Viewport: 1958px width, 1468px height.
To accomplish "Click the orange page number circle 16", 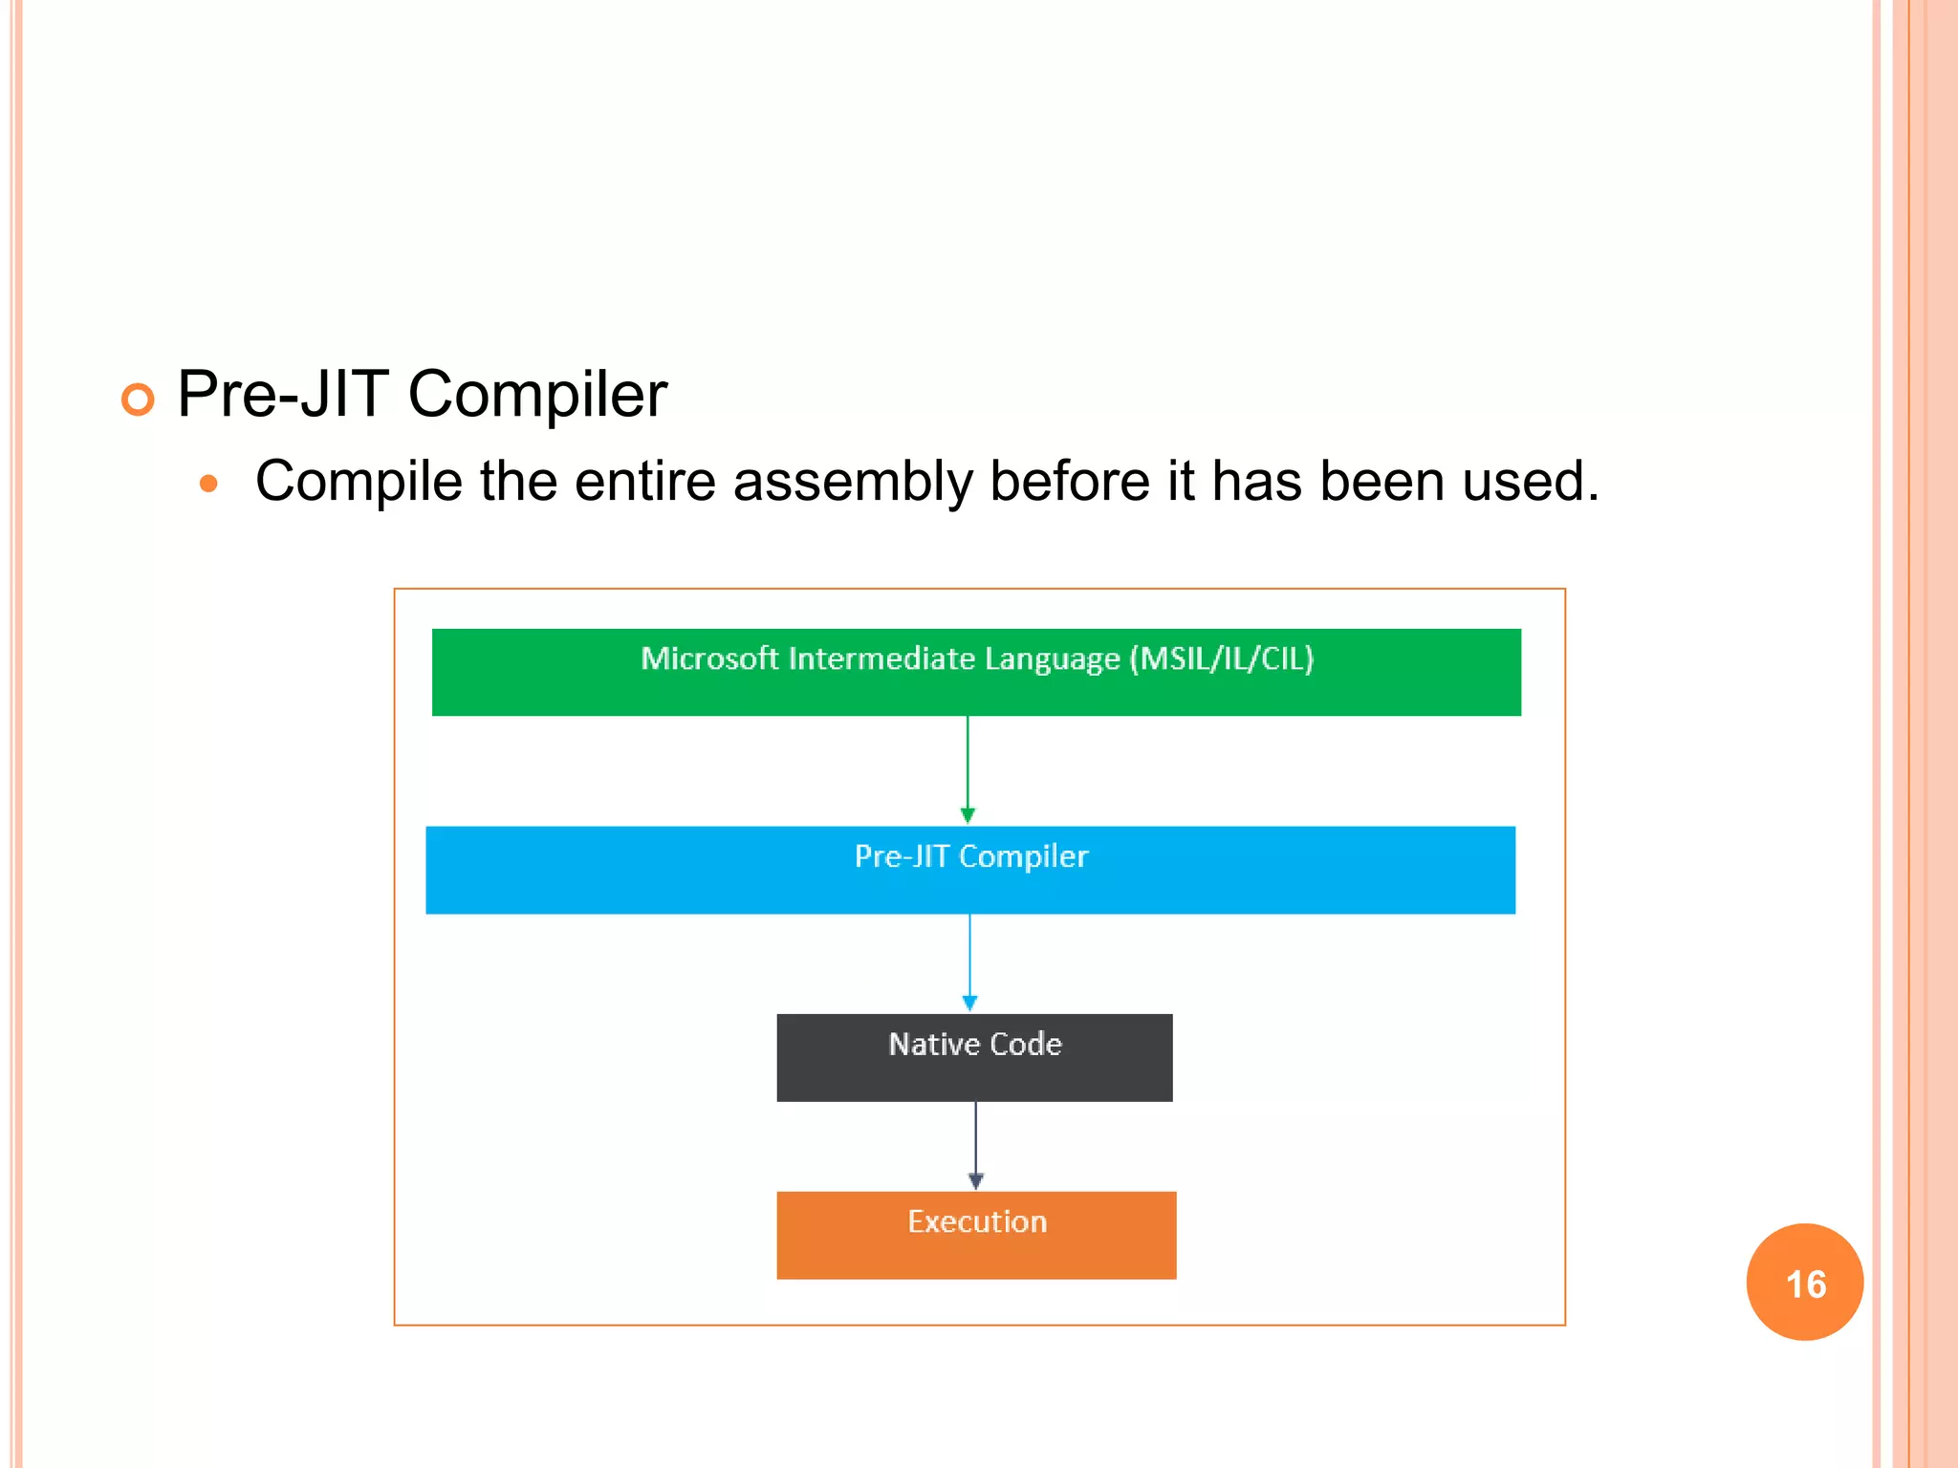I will pyautogui.click(x=1804, y=1282).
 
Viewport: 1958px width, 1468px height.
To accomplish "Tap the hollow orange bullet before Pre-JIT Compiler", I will pyautogui.click(x=138, y=399).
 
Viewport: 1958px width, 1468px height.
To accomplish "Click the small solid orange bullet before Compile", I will pyautogui.click(x=208, y=484).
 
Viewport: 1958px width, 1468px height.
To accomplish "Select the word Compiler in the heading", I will pyautogui.click(x=537, y=395).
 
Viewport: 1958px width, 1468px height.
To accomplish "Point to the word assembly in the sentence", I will pyautogui.click(x=853, y=481).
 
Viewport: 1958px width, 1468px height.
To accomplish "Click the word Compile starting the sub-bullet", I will pyautogui.click(x=359, y=481).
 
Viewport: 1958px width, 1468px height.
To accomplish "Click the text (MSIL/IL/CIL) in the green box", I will pyautogui.click(x=1221, y=658).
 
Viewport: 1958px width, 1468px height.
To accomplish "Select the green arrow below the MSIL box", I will pyautogui.click(x=968, y=769).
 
